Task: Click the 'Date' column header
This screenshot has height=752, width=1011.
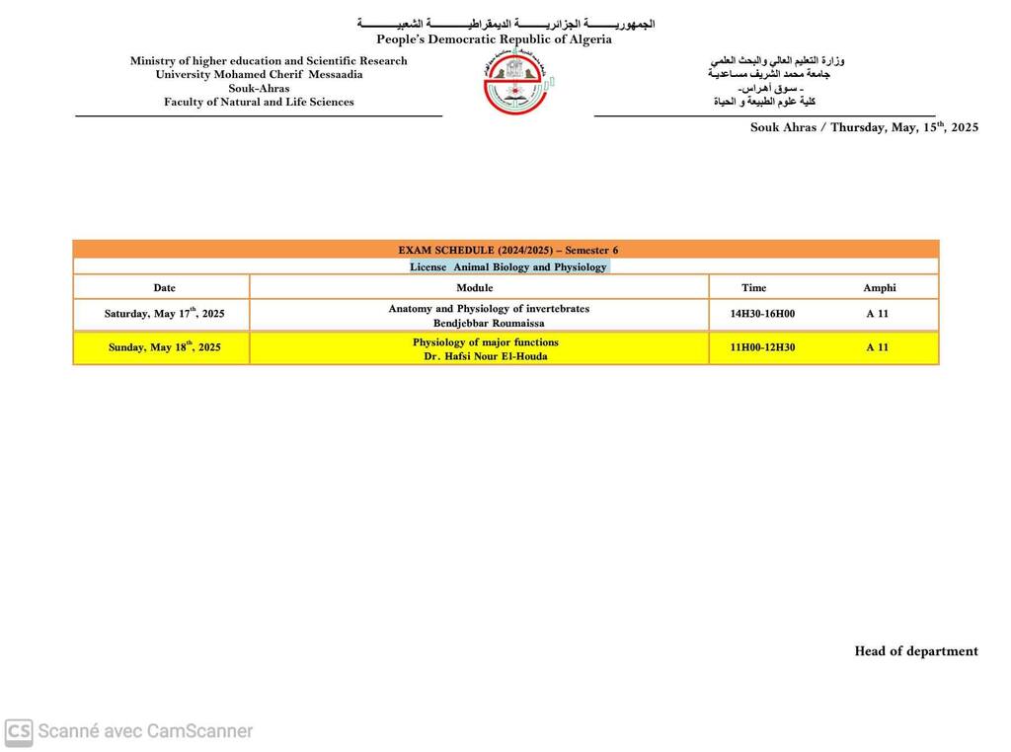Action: pyautogui.click(x=164, y=288)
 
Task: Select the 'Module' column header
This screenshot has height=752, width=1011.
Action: pyautogui.click(x=475, y=288)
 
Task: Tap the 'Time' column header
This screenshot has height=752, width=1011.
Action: pyautogui.click(x=753, y=288)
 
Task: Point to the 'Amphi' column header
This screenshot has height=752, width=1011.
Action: pyautogui.click(x=880, y=288)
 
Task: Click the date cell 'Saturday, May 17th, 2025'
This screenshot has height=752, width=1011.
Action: pyautogui.click(x=164, y=314)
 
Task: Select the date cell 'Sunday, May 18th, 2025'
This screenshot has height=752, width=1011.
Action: pyautogui.click(x=164, y=347)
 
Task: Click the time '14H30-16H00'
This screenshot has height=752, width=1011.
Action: pyautogui.click(x=762, y=314)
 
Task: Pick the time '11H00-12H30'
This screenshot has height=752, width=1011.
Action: pyautogui.click(x=762, y=347)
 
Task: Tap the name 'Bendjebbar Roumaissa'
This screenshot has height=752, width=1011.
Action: pyautogui.click(x=489, y=323)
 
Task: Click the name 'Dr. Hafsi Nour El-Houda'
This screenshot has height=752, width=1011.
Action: pyautogui.click(x=486, y=356)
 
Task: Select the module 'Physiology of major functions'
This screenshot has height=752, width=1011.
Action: pyautogui.click(x=486, y=342)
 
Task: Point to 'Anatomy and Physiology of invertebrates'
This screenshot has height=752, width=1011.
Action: pyautogui.click(x=489, y=309)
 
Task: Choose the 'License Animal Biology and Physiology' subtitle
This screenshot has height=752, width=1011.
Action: pyautogui.click(x=508, y=267)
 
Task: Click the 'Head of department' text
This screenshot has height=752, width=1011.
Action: pyautogui.click(x=916, y=651)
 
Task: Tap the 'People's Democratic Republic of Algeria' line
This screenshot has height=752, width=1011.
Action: pyautogui.click(x=494, y=39)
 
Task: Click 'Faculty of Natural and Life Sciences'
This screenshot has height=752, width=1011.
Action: pyautogui.click(x=259, y=102)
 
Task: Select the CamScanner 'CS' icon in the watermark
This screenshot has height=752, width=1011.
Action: pyautogui.click(x=19, y=731)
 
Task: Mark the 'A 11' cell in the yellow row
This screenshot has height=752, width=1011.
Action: pyautogui.click(x=877, y=347)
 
